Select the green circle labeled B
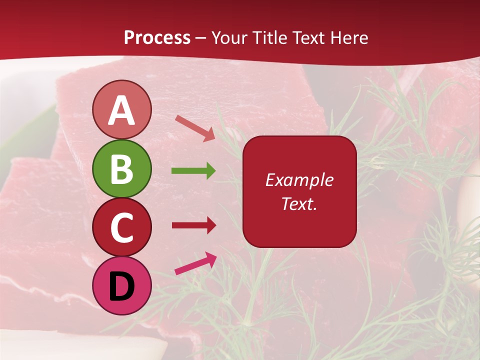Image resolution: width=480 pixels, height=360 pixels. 121,169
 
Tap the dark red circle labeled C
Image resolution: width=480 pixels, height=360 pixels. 121,227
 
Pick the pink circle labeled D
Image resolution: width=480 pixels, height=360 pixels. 121,285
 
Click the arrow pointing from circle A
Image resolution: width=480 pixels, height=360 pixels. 195,127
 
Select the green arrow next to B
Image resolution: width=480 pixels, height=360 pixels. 193,171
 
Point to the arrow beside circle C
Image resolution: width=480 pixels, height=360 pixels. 193,225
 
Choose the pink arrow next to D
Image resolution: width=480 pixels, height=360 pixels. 195,263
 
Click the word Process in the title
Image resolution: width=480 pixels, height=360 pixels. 157,38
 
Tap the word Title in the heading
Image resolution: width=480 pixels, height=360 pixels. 267,38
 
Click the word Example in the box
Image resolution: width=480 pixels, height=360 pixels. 299,180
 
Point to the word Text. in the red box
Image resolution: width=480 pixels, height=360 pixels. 299,203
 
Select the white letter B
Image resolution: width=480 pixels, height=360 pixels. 121,169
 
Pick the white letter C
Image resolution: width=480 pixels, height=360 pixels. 121,228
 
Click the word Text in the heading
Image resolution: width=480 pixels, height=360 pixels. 306,38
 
